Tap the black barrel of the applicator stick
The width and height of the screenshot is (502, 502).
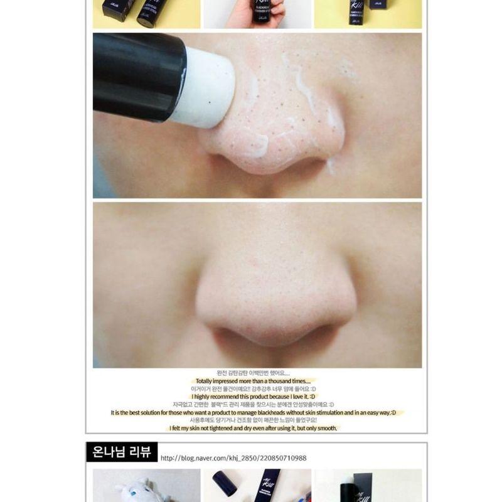[138, 75]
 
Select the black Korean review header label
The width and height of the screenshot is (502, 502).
[122, 452]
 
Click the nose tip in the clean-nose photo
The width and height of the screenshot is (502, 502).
[276, 307]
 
